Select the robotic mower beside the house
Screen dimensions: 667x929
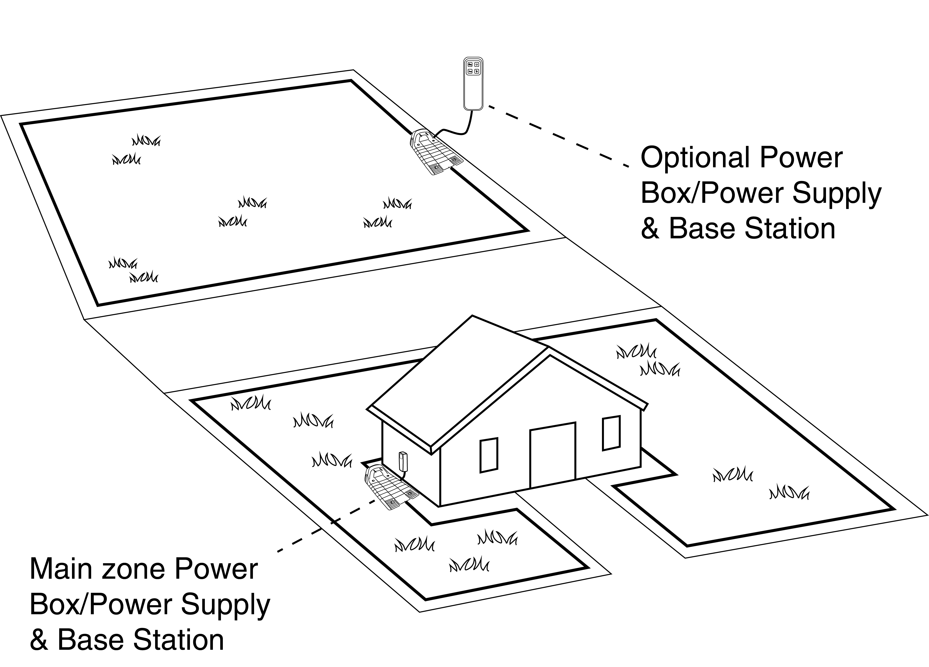click(389, 487)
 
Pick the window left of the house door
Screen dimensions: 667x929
click(489, 455)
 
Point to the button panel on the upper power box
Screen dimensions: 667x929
click(473, 68)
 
